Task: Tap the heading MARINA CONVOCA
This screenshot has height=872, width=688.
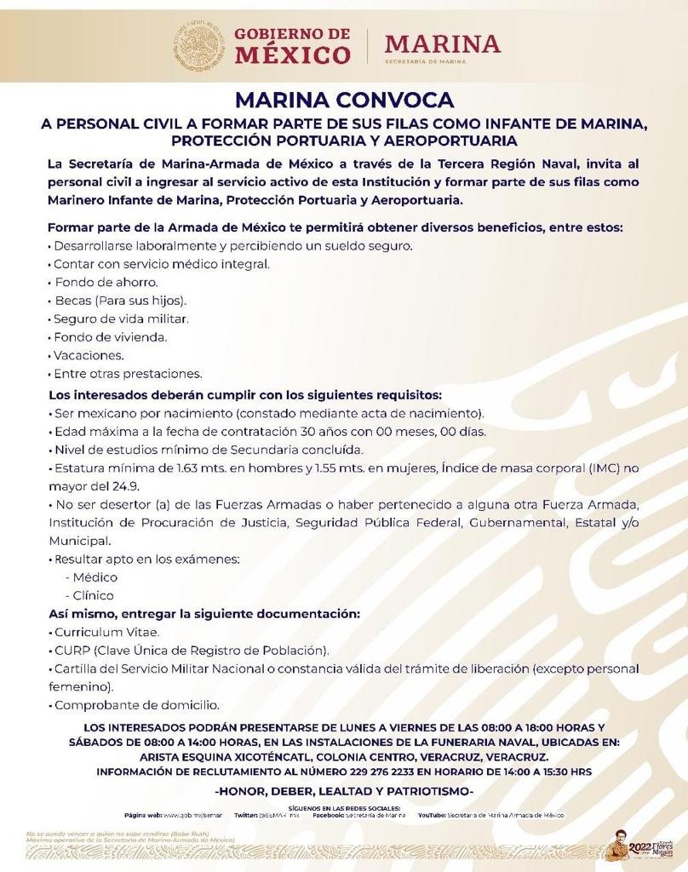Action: (x=344, y=100)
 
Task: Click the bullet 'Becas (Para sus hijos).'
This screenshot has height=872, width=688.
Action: (x=120, y=301)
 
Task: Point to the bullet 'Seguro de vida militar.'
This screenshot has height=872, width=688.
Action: (x=120, y=318)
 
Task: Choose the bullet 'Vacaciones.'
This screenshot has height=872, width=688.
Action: (x=89, y=355)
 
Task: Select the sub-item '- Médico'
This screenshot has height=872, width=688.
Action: (x=95, y=577)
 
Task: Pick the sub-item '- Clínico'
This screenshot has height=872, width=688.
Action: (x=94, y=595)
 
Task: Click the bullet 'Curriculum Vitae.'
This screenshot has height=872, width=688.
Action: (x=106, y=632)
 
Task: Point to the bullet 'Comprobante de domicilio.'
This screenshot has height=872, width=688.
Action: (x=136, y=705)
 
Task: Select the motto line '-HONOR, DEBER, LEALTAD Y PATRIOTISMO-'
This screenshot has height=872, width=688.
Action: (x=344, y=791)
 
